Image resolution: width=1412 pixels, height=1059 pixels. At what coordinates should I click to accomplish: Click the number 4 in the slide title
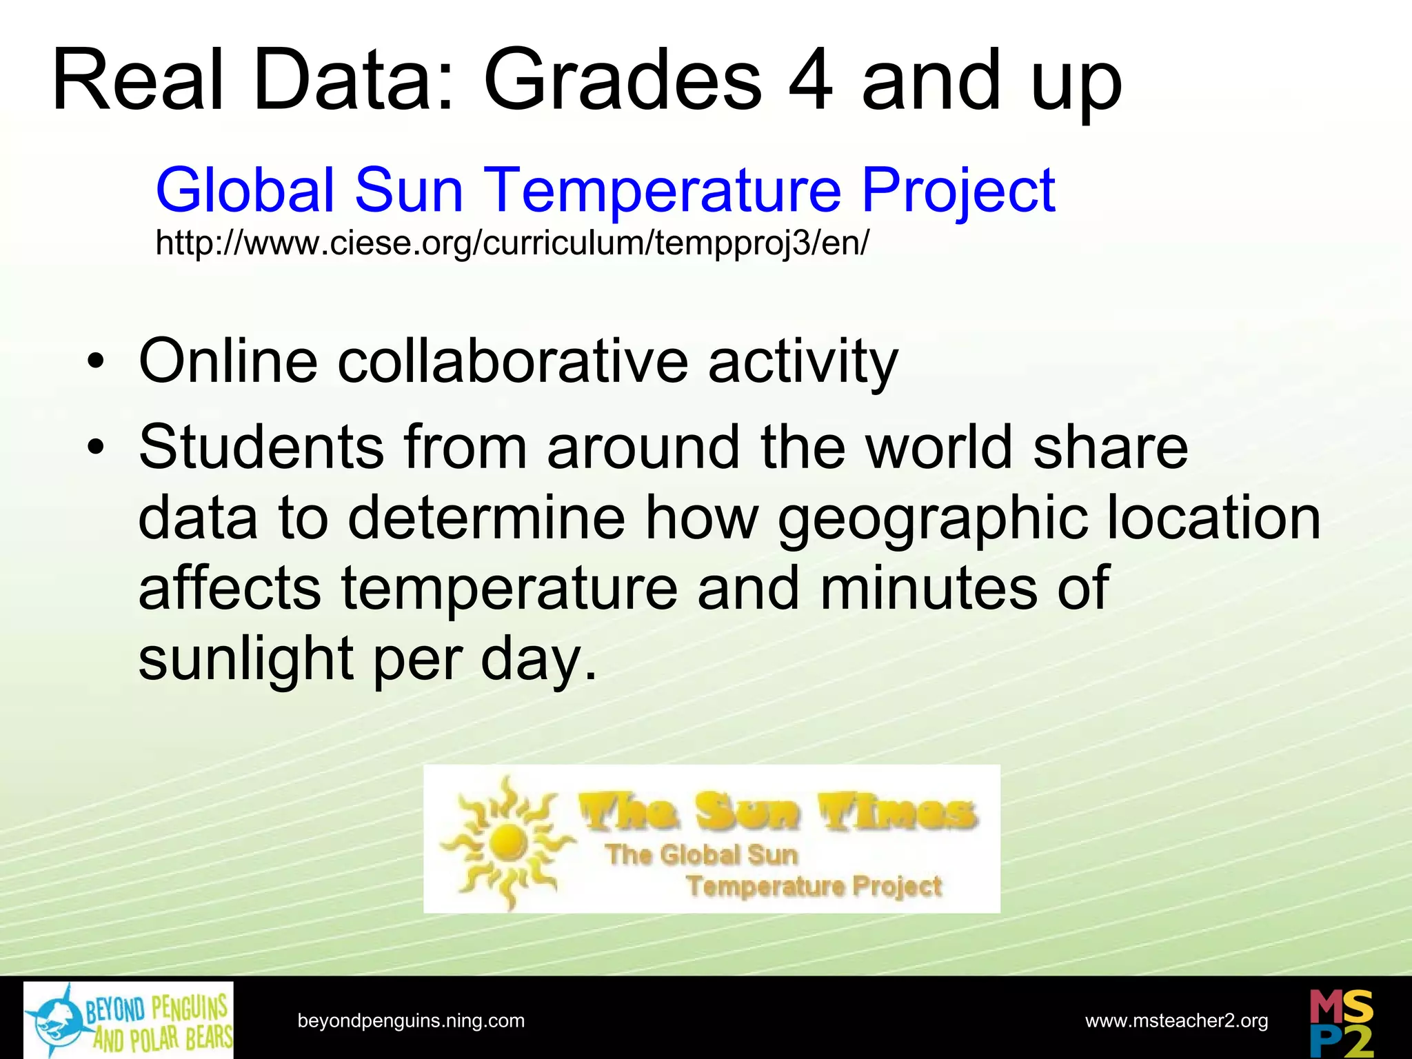point(811,80)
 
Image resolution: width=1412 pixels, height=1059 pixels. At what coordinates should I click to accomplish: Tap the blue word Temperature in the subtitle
point(662,190)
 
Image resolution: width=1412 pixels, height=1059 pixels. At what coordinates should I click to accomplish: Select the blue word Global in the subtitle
point(245,190)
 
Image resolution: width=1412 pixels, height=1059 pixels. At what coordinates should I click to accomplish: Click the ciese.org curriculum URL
point(512,243)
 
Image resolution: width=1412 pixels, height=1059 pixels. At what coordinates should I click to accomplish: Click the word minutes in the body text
point(928,588)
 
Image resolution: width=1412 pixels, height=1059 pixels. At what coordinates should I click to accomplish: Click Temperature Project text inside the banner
point(814,886)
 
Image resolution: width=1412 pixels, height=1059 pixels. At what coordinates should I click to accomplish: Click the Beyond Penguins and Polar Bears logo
point(128,1020)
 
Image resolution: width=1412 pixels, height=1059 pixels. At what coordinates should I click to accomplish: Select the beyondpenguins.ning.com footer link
point(411,1020)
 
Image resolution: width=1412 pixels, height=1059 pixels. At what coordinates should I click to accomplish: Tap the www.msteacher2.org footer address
point(1176,1020)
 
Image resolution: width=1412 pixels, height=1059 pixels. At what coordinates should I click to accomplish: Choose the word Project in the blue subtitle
point(958,190)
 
